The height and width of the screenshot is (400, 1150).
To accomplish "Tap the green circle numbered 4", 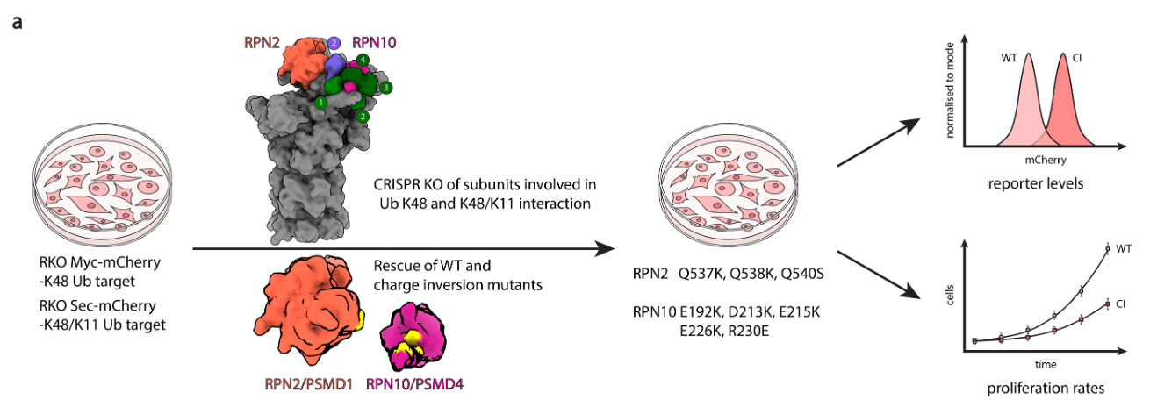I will click(x=363, y=60).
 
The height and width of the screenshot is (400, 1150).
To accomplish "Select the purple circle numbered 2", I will click(x=334, y=42).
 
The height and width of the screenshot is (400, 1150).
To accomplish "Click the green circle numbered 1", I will click(x=322, y=104).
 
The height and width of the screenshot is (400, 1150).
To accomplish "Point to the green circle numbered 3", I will click(x=386, y=88).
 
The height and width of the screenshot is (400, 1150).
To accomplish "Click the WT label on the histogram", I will click(x=1010, y=60).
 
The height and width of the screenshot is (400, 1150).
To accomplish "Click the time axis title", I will click(x=1045, y=363).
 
